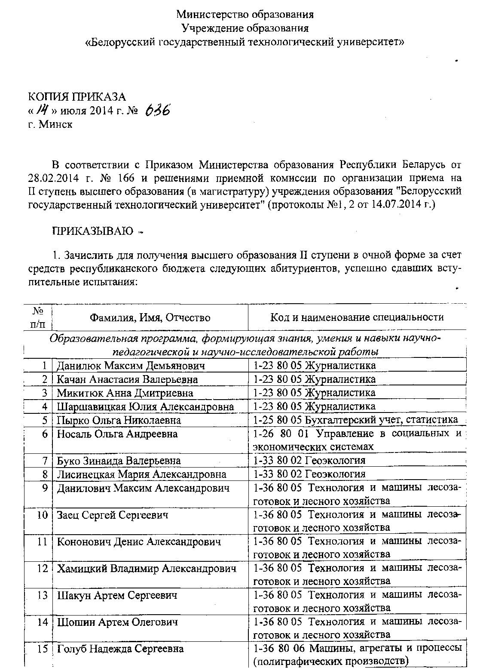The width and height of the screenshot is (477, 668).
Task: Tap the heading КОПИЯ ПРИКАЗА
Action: pos(77,97)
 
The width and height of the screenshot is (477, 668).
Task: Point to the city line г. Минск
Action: pos(50,124)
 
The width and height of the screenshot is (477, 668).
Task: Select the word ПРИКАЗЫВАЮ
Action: pos(92,231)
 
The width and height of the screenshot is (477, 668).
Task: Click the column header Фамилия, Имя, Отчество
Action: pos(150,318)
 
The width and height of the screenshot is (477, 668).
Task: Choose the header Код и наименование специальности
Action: pos(357,317)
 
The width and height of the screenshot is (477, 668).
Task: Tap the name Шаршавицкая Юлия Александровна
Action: pos(145,406)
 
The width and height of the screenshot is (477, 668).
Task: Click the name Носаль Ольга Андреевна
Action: pos(117,434)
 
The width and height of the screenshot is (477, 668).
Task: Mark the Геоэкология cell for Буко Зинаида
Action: pos(309,461)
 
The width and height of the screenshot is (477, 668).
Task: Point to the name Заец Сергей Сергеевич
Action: pos(113,515)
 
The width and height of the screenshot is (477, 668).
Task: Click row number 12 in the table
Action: pos(42,569)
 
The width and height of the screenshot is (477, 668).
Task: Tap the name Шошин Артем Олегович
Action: pos(117,622)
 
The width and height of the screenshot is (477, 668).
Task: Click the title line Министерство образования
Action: pos(245,15)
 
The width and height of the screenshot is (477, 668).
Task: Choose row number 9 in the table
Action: pos(44,488)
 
